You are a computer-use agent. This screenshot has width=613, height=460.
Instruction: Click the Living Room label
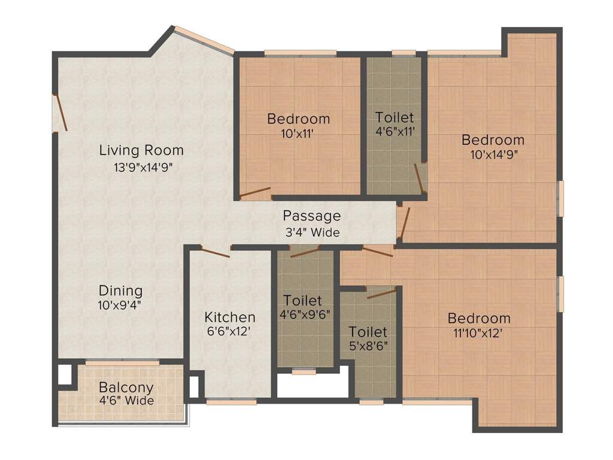(x=141, y=150)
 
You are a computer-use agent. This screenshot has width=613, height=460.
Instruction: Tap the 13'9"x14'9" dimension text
(x=144, y=167)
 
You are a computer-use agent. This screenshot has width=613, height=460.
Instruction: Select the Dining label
(x=120, y=290)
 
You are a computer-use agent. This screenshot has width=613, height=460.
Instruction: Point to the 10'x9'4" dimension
(x=120, y=304)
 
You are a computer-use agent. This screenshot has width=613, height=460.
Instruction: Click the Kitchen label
(x=230, y=317)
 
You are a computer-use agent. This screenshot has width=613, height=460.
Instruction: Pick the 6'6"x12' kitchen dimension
(x=230, y=330)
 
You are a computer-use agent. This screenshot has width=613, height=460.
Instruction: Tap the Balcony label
(x=126, y=388)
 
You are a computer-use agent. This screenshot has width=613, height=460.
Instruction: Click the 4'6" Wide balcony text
(x=126, y=401)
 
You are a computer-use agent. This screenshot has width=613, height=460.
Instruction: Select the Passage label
(x=311, y=216)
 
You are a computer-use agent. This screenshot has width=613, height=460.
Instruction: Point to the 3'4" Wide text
(x=311, y=232)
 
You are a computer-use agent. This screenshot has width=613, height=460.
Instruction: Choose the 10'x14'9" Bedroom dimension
(x=493, y=154)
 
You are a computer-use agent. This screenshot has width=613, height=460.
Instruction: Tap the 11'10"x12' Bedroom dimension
(x=478, y=333)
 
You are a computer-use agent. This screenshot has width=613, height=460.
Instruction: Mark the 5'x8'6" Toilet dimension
(x=368, y=345)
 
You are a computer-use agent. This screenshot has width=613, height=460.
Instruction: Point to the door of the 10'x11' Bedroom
(x=255, y=193)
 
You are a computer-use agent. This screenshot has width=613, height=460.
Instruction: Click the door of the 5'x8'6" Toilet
(x=381, y=293)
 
